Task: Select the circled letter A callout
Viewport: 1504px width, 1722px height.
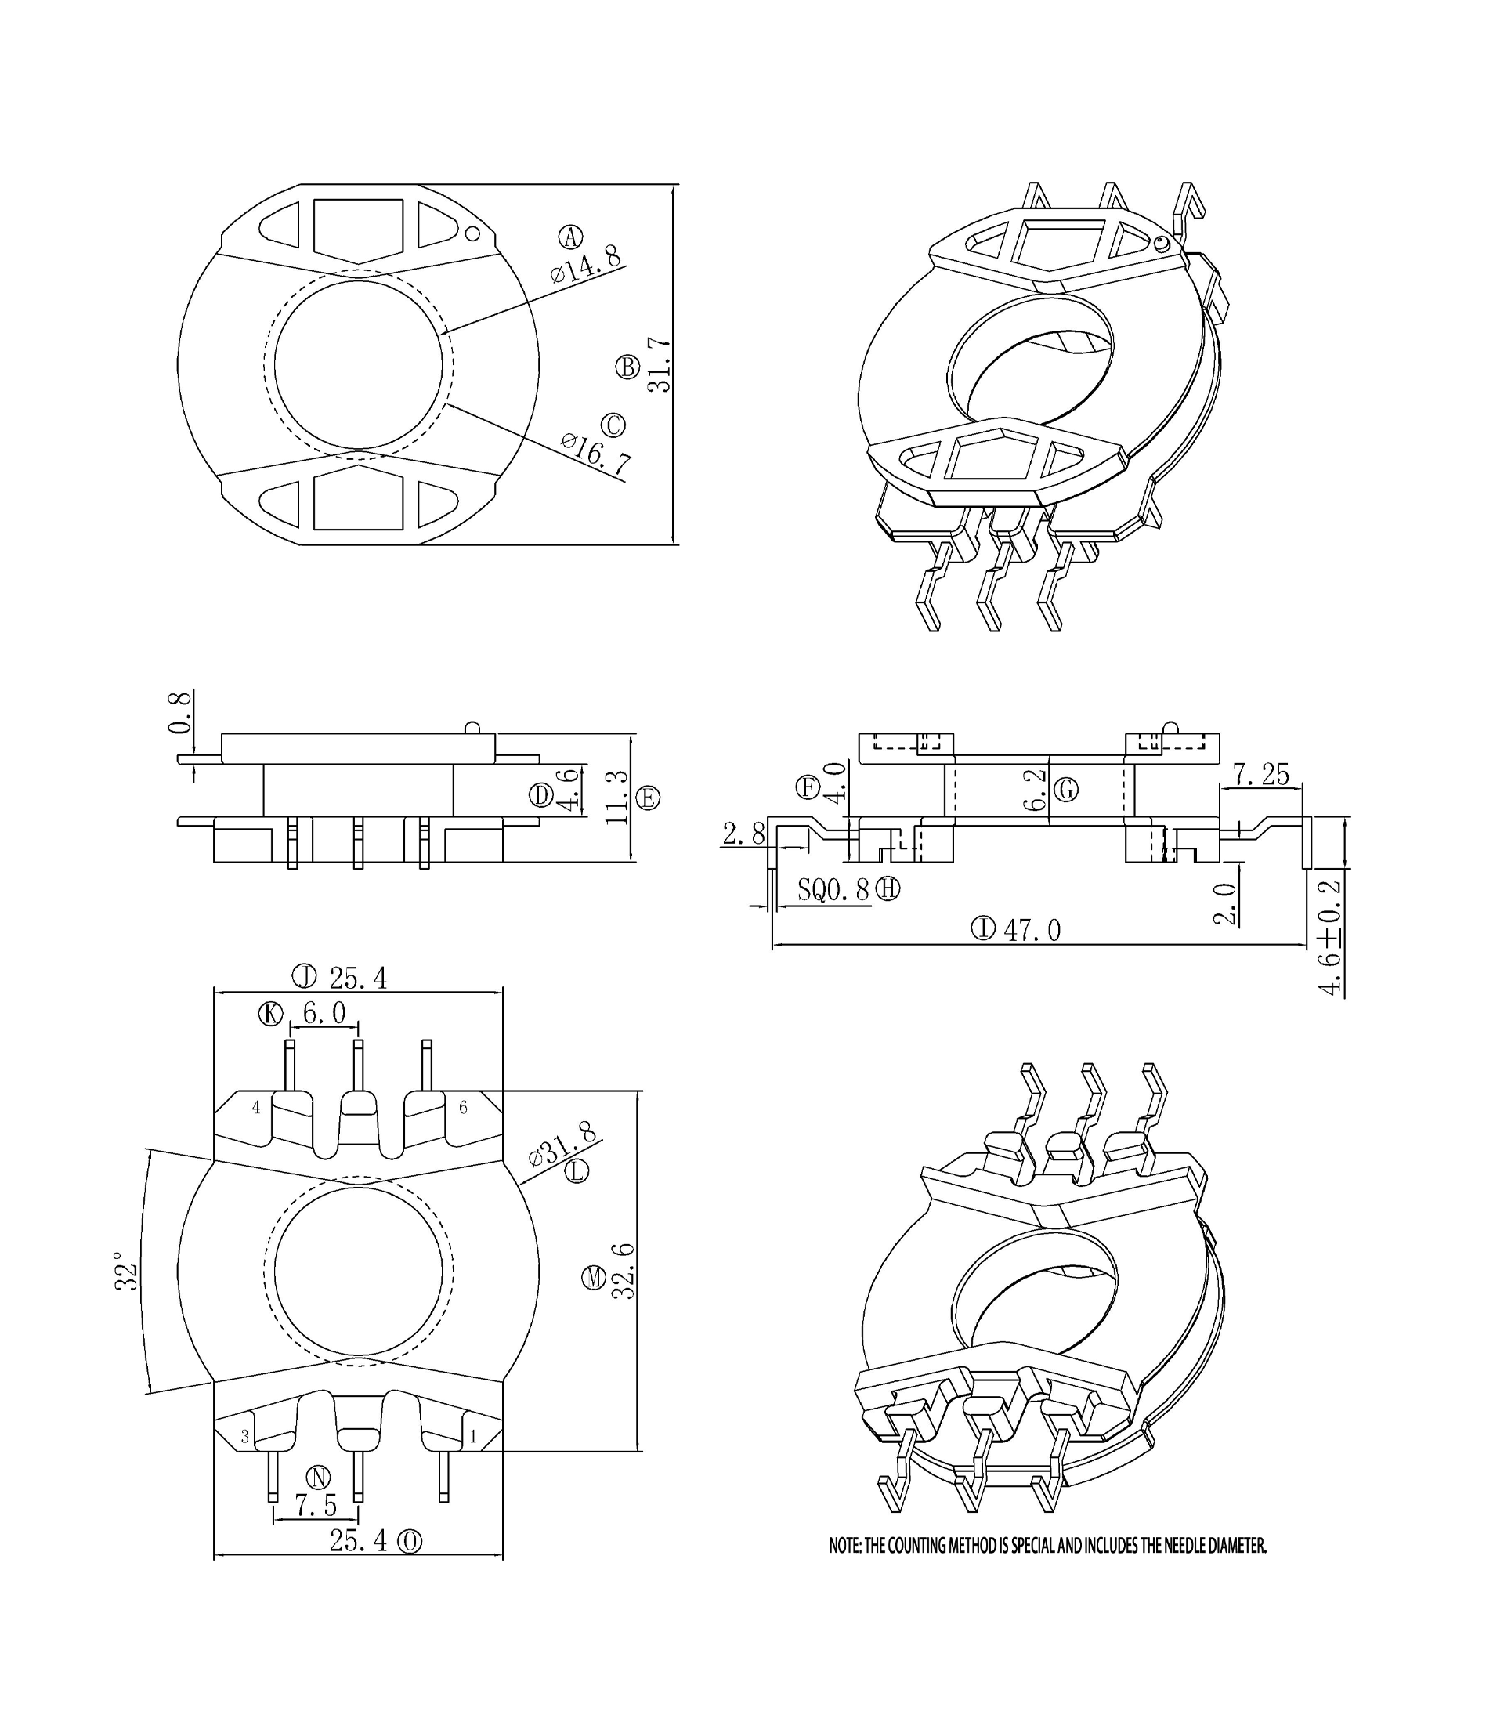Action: pos(572,237)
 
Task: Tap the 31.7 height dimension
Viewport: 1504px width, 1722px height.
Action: pos(660,364)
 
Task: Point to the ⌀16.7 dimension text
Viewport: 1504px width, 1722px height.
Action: pos(597,453)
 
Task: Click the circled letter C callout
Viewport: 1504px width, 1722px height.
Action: pos(613,425)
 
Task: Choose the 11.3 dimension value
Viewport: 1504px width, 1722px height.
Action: pos(617,798)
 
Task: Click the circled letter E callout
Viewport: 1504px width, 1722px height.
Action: pos(648,798)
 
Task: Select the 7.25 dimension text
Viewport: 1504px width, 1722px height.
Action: pos(1260,775)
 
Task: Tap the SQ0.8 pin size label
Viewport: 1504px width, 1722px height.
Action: pos(833,890)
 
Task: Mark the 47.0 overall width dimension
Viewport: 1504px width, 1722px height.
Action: pos(1032,931)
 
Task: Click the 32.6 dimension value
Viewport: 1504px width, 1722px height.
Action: pos(623,1272)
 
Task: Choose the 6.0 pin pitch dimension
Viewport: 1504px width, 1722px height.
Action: pos(324,1014)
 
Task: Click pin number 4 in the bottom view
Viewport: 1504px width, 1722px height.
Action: pos(256,1108)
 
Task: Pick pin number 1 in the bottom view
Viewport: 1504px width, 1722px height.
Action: pos(473,1437)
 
